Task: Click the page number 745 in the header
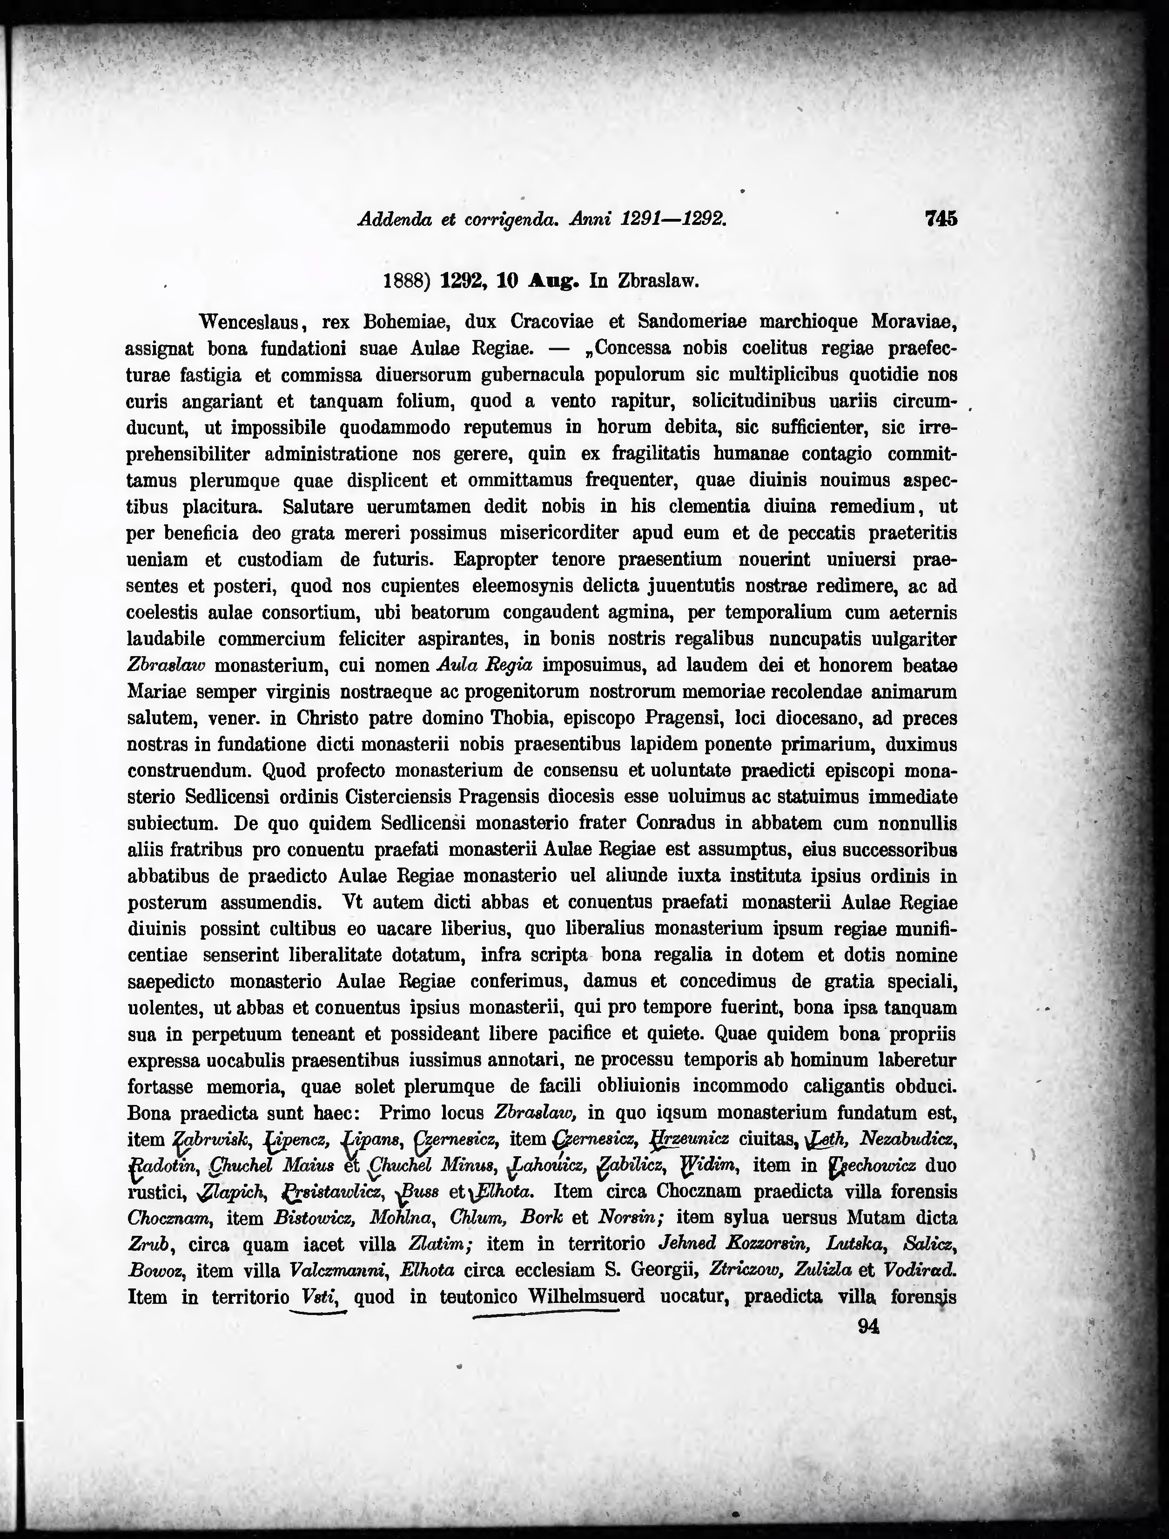(941, 219)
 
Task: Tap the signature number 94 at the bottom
(869, 1327)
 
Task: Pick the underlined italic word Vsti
(319, 1297)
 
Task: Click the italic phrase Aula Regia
(484, 665)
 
